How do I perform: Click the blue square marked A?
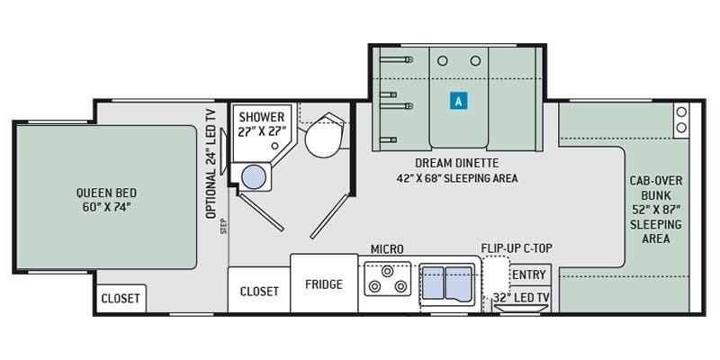[458, 101]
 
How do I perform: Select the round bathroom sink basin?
[254, 176]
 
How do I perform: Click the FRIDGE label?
[324, 284]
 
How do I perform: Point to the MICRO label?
[387, 249]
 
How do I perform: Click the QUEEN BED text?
[106, 193]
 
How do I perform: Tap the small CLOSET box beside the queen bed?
[121, 299]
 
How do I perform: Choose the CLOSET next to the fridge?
[259, 291]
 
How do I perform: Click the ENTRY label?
[529, 275]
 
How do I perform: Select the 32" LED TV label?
[521, 297]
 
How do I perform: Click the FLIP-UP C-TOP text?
[517, 248]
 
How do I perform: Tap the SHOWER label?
[261, 117]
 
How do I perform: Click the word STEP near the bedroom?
[224, 227]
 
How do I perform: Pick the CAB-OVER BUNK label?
[656, 187]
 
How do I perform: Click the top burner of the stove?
[388, 271]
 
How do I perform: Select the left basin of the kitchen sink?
[433, 283]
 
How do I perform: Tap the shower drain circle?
[274, 146]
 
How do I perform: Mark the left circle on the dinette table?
[442, 60]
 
